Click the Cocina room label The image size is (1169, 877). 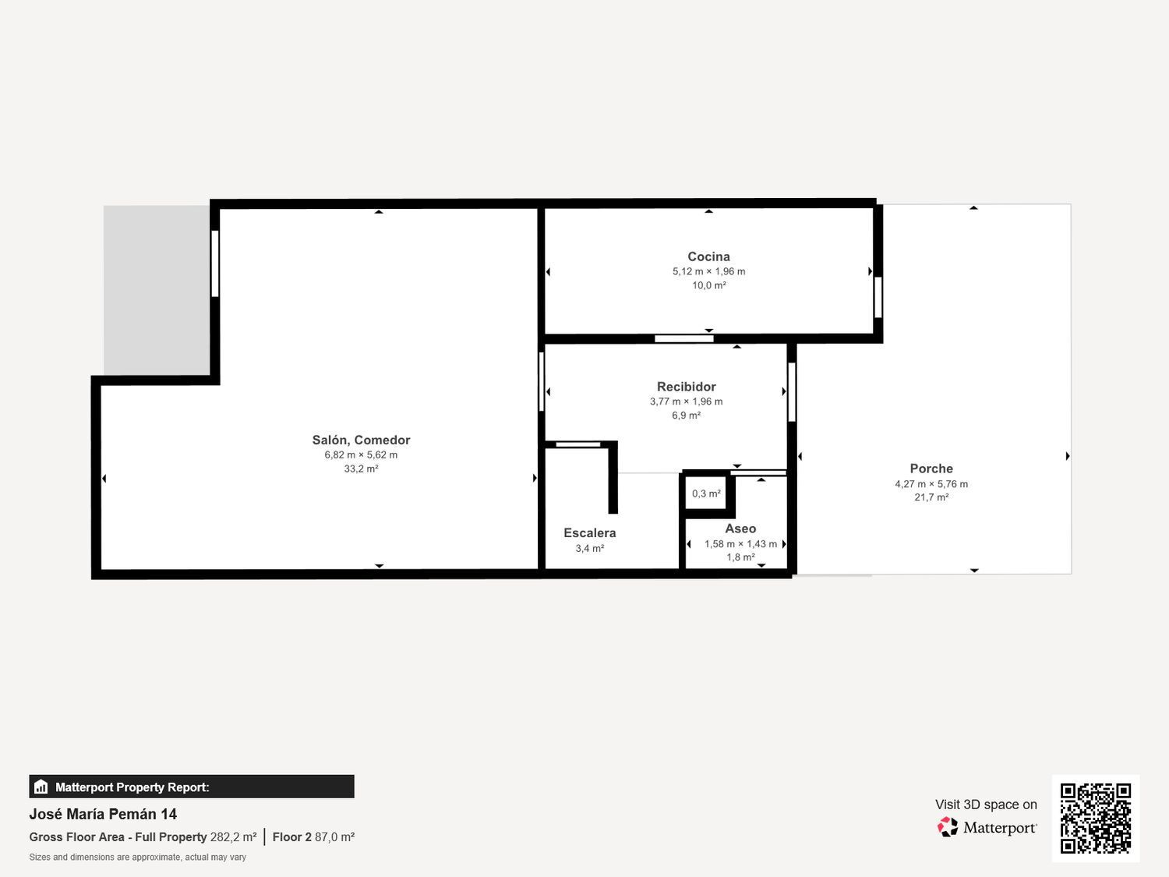pos(708,256)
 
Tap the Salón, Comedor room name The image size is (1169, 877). pos(361,440)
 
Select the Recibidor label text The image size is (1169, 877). pos(686,387)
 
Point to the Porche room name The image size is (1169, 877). pos(931,469)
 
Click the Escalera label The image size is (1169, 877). pos(590,533)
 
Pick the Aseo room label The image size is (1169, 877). pos(740,529)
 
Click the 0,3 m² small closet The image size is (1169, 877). pos(706,493)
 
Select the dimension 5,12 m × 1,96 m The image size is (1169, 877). pos(708,271)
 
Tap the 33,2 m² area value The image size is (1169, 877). pos(361,469)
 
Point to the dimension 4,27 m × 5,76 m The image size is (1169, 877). pos(931,484)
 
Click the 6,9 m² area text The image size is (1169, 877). pos(686,416)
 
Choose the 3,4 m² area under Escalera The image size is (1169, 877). pos(590,549)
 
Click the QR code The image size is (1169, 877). pos(1095,818)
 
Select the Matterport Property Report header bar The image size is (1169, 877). pos(192,787)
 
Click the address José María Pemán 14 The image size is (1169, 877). pos(103,814)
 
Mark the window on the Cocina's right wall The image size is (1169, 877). pos(878,297)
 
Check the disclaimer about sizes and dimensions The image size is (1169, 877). pos(137,858)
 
